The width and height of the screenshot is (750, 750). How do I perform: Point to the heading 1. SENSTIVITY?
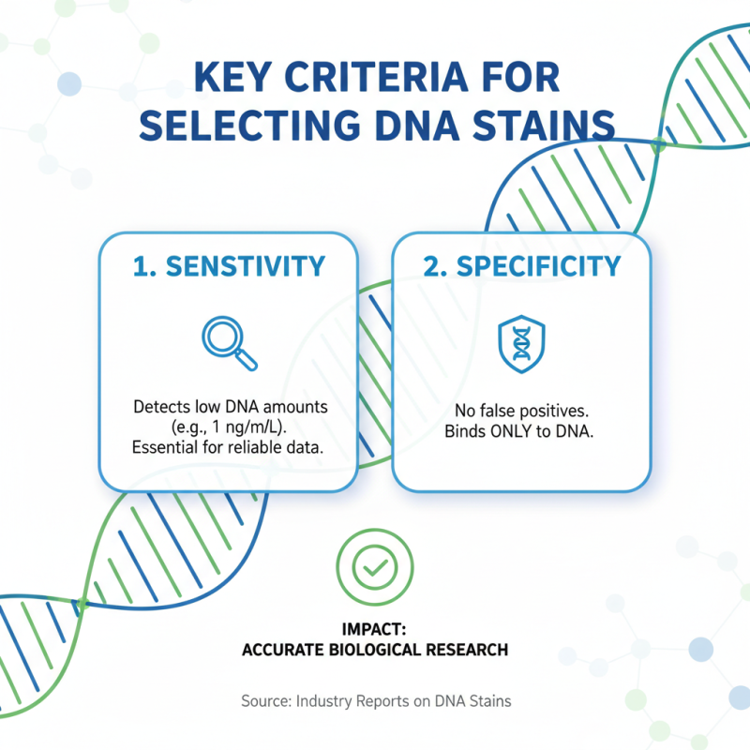pyautogui.click(x=230, y=266)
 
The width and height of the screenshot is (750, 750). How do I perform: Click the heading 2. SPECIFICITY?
pyautogui.click(x=520, y=266)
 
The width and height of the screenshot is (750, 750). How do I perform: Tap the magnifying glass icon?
pyautogui.click(x=230, y=342)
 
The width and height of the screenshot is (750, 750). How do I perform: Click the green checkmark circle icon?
pyautogui.click(x=374, y=567)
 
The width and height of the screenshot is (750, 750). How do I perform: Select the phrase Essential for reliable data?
pyautogui.click(x=230, y=447)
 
